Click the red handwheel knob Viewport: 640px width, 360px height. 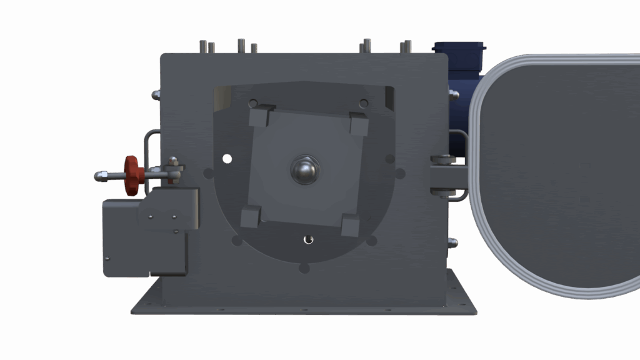coord(131,175)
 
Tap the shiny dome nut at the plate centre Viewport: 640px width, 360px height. coord(305,169)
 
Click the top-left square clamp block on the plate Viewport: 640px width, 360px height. coord(259,117)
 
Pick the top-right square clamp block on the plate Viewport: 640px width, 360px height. coord(359,124)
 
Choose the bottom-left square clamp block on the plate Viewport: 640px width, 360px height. coord(250,217)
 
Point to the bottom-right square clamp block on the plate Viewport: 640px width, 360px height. coord(350,225)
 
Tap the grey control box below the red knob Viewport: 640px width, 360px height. coord(145,237)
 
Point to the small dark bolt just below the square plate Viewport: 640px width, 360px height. coord(307,239)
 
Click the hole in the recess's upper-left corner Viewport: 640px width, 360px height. coord(253,103)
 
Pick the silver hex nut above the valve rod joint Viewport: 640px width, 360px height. coord(173,162)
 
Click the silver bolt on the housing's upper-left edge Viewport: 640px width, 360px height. coord(156,94)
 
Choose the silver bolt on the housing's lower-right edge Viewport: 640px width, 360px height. coord(453,242)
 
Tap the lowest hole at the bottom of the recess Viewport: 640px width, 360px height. coord(304,268)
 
